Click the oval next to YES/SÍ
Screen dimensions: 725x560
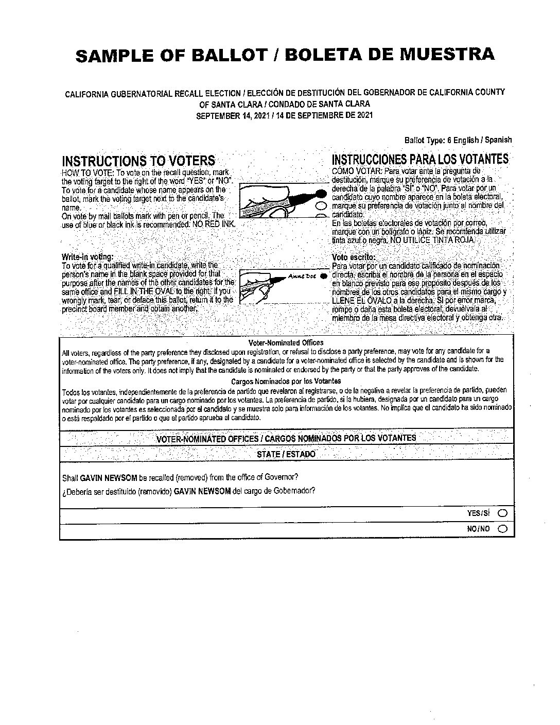click(502, 513)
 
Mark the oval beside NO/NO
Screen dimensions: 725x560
click(502, 528)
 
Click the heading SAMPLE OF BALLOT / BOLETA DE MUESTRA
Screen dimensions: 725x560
click(285, 55)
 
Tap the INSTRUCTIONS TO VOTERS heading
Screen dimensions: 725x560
click(138, 160)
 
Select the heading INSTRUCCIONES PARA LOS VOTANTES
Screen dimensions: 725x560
click(420, 159)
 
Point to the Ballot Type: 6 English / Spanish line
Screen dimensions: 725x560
click(458, 140)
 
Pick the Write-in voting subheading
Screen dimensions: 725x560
click(87, 256)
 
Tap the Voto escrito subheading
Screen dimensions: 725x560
click(354, 257)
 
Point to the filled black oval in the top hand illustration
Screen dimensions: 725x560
click(321, 194)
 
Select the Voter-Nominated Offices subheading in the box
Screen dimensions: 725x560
click(286, 343)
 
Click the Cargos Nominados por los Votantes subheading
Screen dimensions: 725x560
click(286, 382)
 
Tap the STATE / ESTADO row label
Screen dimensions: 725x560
click(286, 454)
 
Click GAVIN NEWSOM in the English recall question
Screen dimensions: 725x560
click(105, 477)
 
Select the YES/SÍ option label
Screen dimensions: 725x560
click(478, 513)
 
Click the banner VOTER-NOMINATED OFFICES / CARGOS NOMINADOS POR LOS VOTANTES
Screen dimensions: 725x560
click(286, 438)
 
